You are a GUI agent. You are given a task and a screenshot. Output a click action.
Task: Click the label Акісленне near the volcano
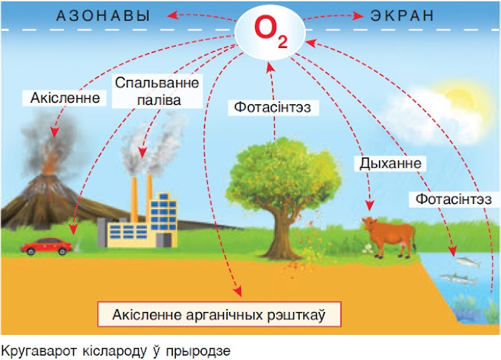pyautogui.click(x=64, y=97)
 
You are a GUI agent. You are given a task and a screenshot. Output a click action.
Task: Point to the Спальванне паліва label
pyautogui.click(x=148, y=90)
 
